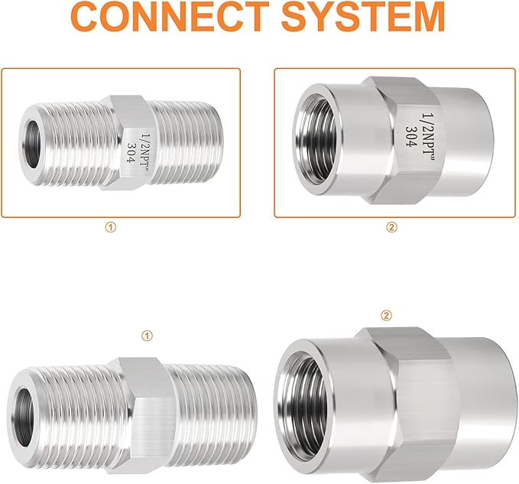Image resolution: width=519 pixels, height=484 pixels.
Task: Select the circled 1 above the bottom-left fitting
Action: point(148,335)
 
